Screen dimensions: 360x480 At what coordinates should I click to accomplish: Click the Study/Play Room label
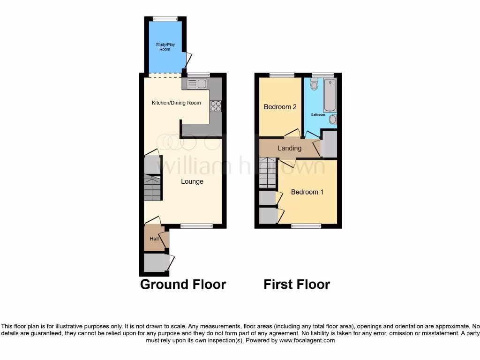pyautogui.click(x=165, y=47)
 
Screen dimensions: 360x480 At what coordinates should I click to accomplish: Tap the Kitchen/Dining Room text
pyautogui.click(x=176, y=103)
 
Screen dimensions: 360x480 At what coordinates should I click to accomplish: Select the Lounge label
pyautogui.click(x=192, y=181)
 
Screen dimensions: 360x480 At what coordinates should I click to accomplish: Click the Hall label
pyautogui.click(x=154, y=239)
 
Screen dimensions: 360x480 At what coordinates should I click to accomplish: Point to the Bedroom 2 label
pyautogui.click(x=280, y=107)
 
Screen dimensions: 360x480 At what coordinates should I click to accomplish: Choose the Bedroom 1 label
pyautogui.click(x=307, y=192)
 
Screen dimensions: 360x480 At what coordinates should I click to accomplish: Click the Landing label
pyautogui.click(x=289, y=148)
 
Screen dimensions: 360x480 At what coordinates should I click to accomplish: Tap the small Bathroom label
pyautogui.click(x=318, y=114)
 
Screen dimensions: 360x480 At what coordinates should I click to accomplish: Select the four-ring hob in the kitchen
pyautogui.click(x=216, y=106)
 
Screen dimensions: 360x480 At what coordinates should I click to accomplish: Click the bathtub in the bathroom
pyautogui.click(x=330, y=95)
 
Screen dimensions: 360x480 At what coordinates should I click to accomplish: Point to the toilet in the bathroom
pyautogui.click(x=314, y=84)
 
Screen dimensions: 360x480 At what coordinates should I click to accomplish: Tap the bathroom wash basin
pyautogui.click(x=333, y=120)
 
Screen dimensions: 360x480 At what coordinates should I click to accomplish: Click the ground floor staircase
pyautogui.click(x=152, y=187)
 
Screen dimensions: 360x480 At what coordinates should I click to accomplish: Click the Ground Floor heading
pyautogui.click(x=183, y=285)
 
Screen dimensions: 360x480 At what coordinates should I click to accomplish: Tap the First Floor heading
pyautogui.click(x=297, y=285)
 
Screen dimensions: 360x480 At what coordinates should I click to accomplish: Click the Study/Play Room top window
pyautogui.click(x=165, y=19)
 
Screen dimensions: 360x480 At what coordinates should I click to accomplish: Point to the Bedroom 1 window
pyautogui.click(x=306, y=226)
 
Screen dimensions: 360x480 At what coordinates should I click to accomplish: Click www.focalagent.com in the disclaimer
pyautogui.click(x=307, y=340)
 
